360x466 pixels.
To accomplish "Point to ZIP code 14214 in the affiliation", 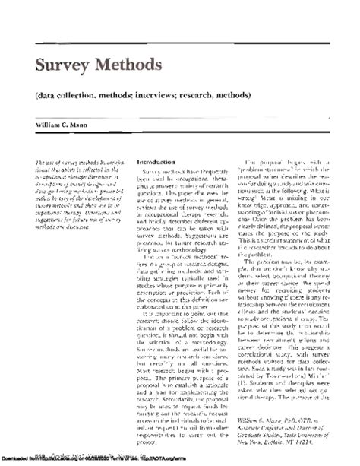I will click(x=324, y=442).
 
